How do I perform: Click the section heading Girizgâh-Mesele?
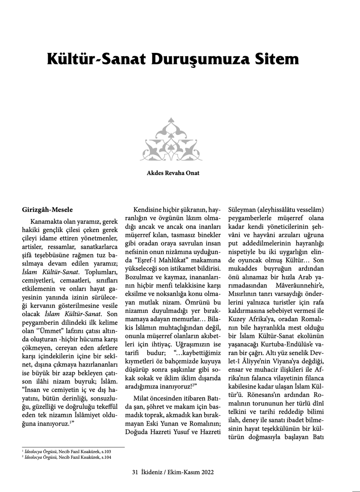coord(47,210)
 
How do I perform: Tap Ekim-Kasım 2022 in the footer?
coord(193,472)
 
